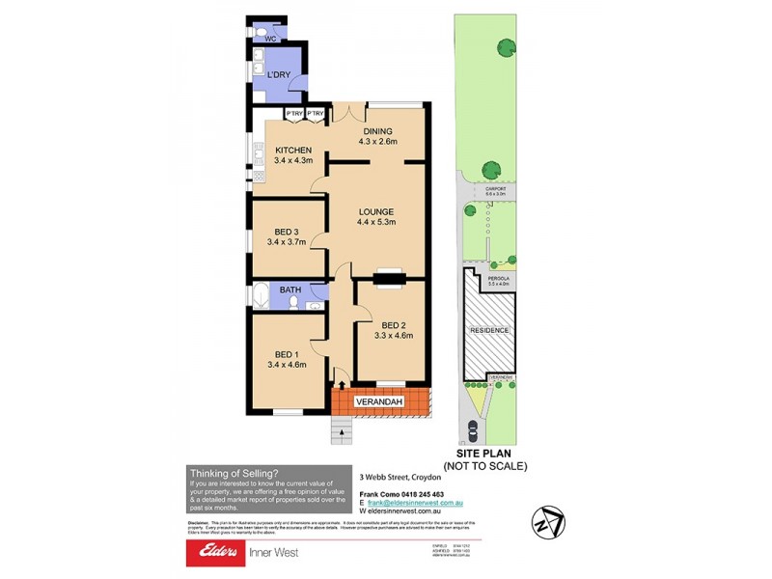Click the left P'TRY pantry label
click(294, 114)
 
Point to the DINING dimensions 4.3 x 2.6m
click(377, 142)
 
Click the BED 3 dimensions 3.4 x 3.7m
click(287, 242)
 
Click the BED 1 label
click(287, 352)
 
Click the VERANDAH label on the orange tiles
click(377, 400)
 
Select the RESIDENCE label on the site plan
click(488, 330)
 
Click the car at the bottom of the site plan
click(472, 430)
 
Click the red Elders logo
click(222, 553)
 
